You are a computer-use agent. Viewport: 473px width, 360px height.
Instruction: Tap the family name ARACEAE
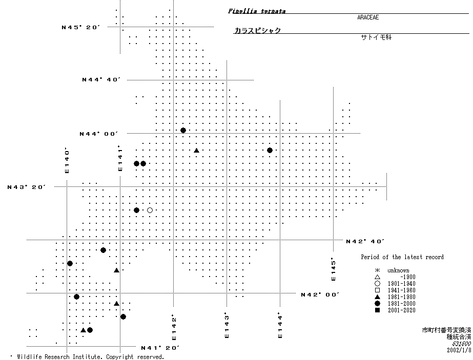[x=368, y=17]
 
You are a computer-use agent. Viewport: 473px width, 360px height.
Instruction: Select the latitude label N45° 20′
[x=81, y=27]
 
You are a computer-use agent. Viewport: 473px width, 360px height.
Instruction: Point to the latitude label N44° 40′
[x=101, y=80]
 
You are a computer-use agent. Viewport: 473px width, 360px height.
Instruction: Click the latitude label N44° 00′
[x=99, y=134]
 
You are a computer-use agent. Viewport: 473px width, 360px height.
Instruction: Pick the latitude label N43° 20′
[x=27, y=187]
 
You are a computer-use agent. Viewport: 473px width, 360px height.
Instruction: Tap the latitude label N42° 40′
[x=365, y=241]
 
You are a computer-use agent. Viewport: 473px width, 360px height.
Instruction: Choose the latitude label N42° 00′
[x=320, y=294]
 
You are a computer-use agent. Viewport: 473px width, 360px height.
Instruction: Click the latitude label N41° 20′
[x=160, y=348]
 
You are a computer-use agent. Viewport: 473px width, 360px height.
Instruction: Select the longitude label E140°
[x=67, y=160]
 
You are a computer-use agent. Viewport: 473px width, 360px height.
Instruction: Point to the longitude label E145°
[x=333, y=269]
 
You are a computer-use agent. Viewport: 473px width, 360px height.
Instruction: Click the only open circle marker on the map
[x=150, y=210]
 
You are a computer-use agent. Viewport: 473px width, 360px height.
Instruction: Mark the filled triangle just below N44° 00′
[x=196, y=150]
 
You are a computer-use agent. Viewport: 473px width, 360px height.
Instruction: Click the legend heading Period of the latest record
[x=402, y=257]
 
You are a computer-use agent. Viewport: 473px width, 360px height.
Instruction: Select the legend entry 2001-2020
[x=401, y=310]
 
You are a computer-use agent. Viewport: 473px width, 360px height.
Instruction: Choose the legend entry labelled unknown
[x=398, y=270]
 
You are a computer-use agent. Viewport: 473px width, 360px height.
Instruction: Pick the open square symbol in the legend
[x=377, y=290]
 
